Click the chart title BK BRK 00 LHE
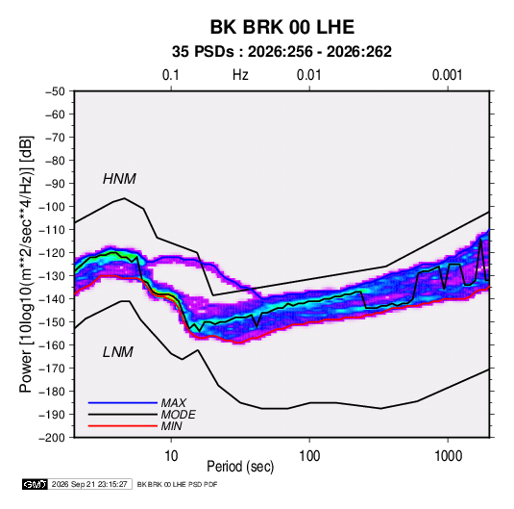click(281, 27)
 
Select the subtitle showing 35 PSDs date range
click(281, 52)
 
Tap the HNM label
click(119, 179)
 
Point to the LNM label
click(118, 352)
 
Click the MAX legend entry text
click(174, 403)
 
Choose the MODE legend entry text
click(179, 415)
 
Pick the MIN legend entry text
click(171, 426)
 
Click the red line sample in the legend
click(123, 426)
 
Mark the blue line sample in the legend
click(123, 403)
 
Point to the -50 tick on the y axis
click(55, 91)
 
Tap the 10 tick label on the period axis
click(171, 456)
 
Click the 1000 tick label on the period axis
click(448, 456)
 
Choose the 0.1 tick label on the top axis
click(171, 75)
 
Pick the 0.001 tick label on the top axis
click(448, 75)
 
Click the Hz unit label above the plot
click(240, 75)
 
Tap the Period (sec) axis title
click(240, 467)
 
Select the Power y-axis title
click(26, 265)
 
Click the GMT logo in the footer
click(35, 484)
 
